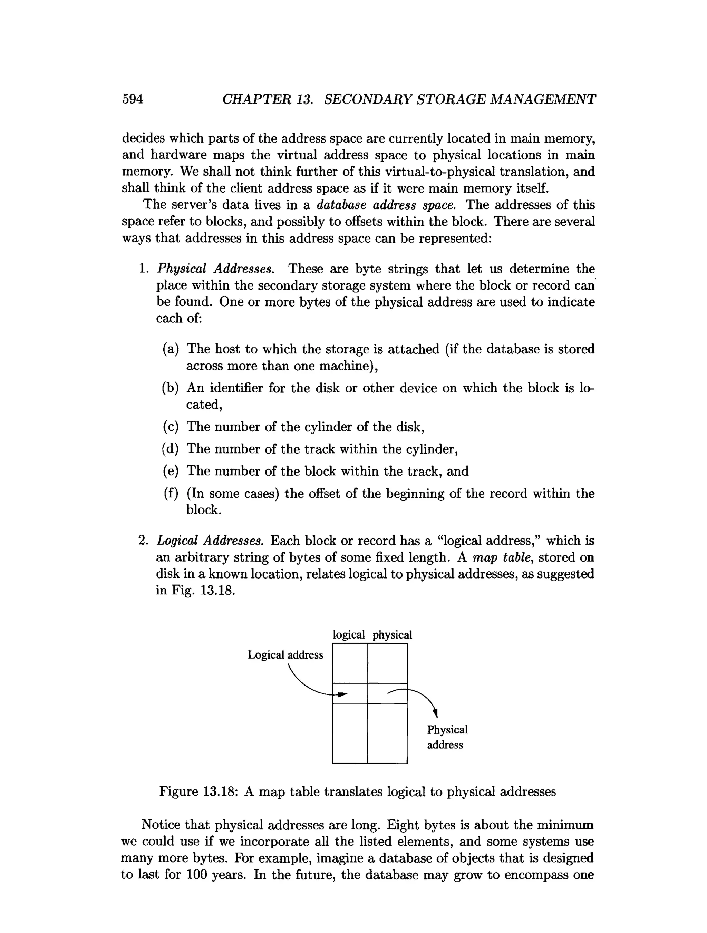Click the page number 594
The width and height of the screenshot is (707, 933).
133,99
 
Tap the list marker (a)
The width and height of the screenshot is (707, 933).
171,349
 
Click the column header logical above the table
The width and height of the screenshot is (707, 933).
348,635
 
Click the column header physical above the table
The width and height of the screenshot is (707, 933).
392,635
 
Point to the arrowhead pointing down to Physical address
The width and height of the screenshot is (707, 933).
436,713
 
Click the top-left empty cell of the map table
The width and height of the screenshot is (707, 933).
350,663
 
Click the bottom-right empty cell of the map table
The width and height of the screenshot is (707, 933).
387,733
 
